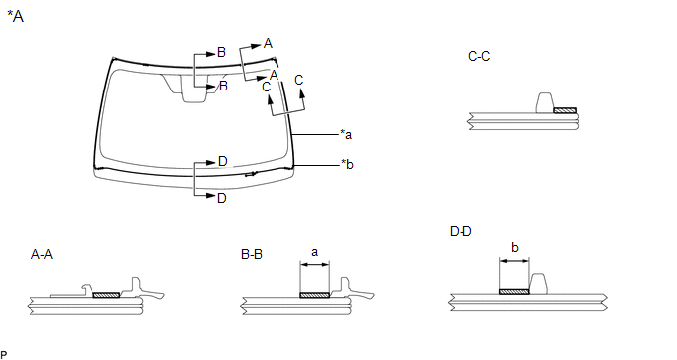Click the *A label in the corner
click(15, 17)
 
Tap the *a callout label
click(346, 134)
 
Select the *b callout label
click(347, 164)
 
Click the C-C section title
click(479, 56)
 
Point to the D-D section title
click(461, 231)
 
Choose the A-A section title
click(42, 254)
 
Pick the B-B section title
click(252, 254)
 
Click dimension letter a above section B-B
click(314, 252)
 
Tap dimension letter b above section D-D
click(515, 247)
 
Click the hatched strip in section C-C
click(565, 110)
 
